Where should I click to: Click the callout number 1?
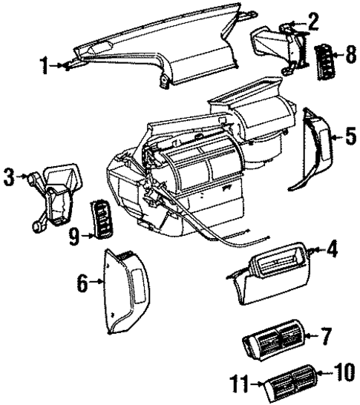click(x=45, y=66)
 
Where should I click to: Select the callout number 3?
click(x=10, y=177)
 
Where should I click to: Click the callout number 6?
click(x=82, y=283)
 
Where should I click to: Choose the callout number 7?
click(x=325, y=337)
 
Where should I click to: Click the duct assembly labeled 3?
click(x=56, y=193)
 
